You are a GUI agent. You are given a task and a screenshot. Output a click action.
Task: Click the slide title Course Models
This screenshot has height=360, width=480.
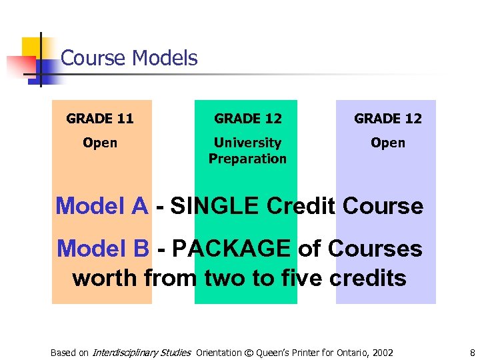[129, 58]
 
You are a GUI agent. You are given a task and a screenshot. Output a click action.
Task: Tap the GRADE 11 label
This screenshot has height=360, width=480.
[100, 119]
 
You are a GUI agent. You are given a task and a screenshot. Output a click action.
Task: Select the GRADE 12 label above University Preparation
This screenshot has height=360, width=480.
[247, 119]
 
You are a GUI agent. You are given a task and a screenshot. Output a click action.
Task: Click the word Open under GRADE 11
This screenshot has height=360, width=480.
[100, 143]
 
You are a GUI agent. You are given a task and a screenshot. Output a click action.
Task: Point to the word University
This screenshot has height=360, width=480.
[247, 143]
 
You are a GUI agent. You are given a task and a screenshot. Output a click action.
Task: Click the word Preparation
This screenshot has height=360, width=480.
[247, 159]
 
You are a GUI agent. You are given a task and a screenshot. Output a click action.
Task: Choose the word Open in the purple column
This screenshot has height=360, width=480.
[387, 143]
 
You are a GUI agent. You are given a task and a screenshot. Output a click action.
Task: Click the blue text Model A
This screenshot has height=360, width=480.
[101, 206]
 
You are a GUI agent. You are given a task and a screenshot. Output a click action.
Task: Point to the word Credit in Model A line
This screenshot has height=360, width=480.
[301, 206]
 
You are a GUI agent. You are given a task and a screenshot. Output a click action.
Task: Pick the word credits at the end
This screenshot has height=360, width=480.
[364, 277]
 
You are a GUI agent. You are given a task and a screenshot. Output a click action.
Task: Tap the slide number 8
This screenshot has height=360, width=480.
[471, 353]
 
